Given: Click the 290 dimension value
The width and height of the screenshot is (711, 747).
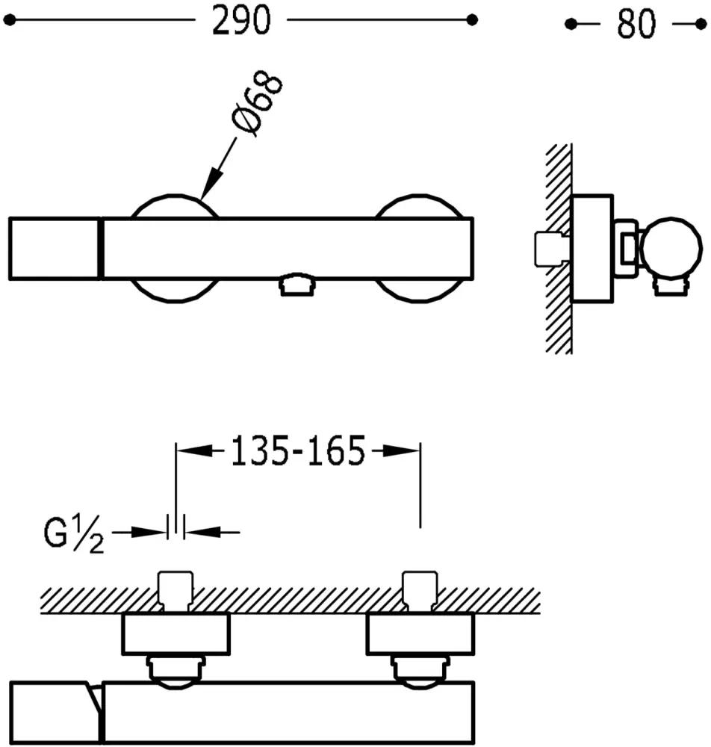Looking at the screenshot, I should click(240, 22).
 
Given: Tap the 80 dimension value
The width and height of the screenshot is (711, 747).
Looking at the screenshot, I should click(636, 25).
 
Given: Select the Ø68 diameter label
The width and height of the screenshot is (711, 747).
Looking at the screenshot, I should click(258, 105).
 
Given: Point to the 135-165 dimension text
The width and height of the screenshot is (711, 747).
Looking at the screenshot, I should click(297, 451).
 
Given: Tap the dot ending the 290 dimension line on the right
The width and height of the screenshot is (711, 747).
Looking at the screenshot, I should click(471, 20).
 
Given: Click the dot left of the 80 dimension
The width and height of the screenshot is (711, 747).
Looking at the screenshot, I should click(571, 25).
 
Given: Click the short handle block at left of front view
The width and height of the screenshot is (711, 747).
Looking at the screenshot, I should click(54, 249).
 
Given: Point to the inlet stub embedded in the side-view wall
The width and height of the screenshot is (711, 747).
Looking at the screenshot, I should click(550, 249).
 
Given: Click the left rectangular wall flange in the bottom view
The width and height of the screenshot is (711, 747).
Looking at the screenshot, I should click(176, 633).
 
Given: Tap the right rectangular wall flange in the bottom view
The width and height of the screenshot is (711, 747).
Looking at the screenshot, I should click(420, 633).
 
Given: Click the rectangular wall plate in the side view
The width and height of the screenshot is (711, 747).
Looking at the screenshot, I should click(592, 249).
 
